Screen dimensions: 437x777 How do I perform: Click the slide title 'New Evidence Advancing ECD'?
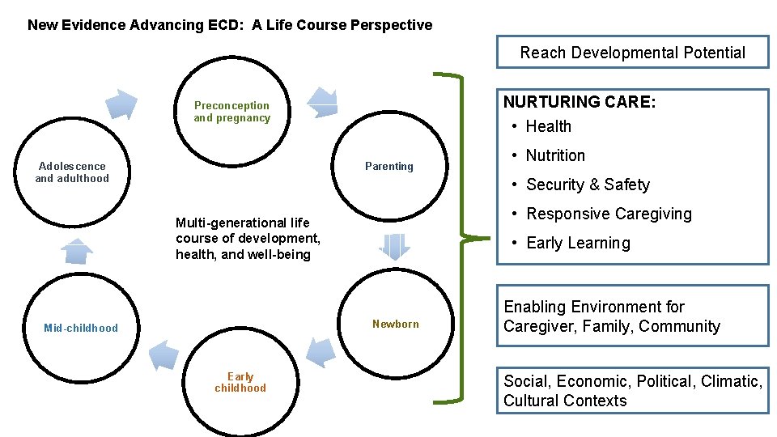coord(230,25)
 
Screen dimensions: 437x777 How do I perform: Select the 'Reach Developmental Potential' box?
coord(632,53)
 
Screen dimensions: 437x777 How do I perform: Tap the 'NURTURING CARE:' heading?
coord(580,102)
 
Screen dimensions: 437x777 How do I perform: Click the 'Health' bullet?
coord(548,126)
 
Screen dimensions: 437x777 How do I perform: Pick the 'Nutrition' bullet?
coord(555,155)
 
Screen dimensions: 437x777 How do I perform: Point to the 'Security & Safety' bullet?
coord(588,185)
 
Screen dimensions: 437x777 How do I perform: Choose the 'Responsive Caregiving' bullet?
coord(609,214)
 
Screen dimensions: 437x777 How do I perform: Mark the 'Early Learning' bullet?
coord(578,243)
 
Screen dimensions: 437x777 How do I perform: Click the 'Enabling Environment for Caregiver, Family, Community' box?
coord(632,316)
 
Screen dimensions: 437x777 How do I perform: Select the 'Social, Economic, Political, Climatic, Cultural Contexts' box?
coord(632,391)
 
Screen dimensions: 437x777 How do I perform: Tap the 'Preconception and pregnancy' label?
coord(231,112)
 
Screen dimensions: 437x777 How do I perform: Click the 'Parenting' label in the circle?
coord(388,167)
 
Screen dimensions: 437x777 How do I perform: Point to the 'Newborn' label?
coord(395,325)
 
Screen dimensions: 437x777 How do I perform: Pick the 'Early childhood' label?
coord(240,382)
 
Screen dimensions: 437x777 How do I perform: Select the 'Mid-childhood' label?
coord(81,328)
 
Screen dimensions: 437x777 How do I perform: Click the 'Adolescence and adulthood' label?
coord(71,172)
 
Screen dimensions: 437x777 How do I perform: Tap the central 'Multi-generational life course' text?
coord(248,238)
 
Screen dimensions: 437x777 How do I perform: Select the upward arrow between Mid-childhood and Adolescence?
coord(78,251)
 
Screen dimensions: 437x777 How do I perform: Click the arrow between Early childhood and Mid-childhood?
coord(164,354)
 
